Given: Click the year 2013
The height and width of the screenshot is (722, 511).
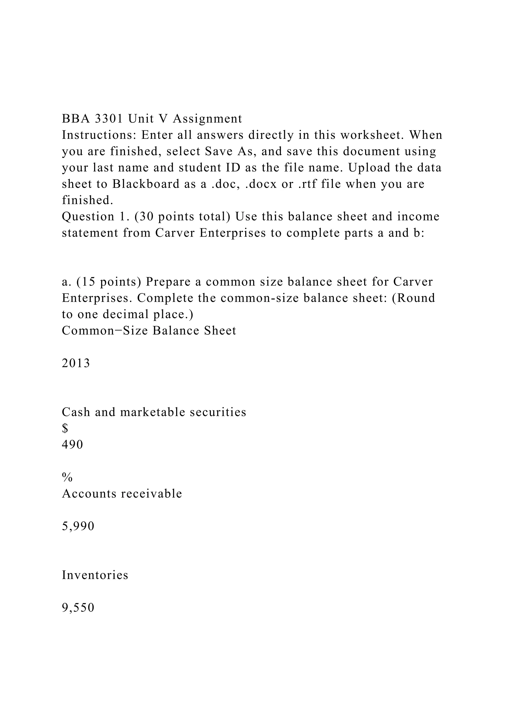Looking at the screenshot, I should pos(76,363).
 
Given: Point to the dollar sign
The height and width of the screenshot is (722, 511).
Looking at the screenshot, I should pos(65,428).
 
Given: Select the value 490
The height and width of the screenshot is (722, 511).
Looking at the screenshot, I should pos(72,445).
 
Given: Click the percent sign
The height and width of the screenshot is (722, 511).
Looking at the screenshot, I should pos(67,477).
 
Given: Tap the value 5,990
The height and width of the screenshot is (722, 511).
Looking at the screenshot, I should pos(78,526).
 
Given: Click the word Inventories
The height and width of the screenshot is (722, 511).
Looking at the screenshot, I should pos(95,575).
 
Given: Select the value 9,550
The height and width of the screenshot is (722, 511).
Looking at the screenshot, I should pos(78,608).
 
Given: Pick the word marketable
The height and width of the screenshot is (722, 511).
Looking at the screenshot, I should pos(148,412).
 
